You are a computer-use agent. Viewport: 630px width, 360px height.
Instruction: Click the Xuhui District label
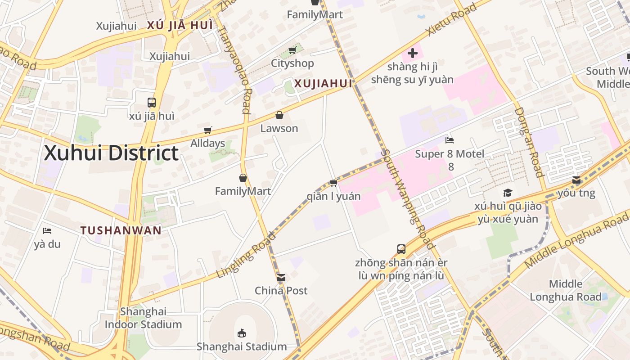point(111,153)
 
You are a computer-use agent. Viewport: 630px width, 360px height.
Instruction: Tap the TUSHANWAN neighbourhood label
point(121,230)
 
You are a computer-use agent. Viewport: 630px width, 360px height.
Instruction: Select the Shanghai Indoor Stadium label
point(143,318)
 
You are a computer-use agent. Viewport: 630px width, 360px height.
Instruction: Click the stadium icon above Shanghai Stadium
point(242,333)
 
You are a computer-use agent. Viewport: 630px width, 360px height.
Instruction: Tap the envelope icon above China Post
point(281,278)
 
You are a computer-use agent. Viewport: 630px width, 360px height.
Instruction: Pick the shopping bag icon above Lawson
point(279,115)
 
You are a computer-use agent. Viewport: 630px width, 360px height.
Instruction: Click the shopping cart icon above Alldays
point(207,130)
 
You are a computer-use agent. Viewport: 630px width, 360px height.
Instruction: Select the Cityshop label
point(292,63)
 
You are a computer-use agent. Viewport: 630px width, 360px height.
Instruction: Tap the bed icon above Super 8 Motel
point(449,140)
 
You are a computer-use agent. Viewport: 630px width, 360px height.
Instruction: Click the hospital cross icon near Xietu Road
point(412,54)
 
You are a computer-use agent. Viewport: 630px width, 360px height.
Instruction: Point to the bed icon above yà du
point(47,231)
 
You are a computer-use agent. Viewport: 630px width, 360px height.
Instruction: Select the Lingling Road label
point(246,255)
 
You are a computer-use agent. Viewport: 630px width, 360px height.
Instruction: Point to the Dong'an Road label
point(529,142)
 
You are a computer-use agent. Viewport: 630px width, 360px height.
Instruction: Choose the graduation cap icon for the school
point(507,193)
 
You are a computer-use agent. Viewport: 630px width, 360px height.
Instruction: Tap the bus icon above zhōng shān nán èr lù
point(401,249)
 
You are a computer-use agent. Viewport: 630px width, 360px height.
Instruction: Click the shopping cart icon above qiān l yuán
point(333,183)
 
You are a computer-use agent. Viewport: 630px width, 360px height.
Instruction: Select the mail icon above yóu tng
point(576,180)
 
